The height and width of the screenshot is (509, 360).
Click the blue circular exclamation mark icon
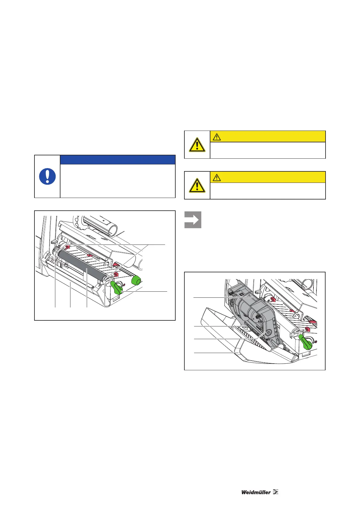pyautogui.click(x=47, y=177)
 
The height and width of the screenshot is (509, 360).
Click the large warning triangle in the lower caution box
pyautogui.click(x=197, y=185)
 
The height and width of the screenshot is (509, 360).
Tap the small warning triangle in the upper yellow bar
pyautogui.click(x=216, y=137)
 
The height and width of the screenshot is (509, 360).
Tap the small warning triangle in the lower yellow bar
pyautogui.click(x=216, y=177)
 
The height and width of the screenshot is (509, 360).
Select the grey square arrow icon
pyautogui.click(x=193, y=220)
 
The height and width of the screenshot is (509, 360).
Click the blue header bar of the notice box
pyautogui.click(x=118, y=160)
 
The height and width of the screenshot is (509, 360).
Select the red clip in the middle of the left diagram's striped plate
pyautogui.click(x=89, y=256)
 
